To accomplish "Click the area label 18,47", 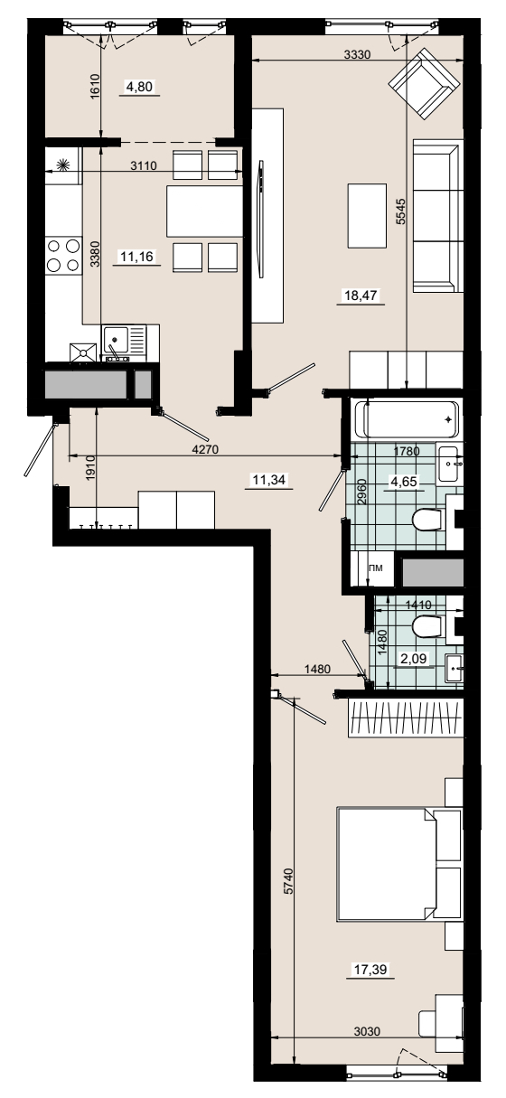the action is pos(361,296).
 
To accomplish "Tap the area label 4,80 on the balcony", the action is pos(139,87).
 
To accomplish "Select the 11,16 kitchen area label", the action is pos(136,256).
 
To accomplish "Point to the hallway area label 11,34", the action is pos(267,479).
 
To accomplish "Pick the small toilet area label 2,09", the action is pos(413,658).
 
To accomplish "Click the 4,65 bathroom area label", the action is pos(403,482).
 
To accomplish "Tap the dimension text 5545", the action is pos(401,211).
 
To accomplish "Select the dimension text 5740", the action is pos(288,881).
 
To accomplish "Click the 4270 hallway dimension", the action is pos(204,449).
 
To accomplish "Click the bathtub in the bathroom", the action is pos(411,419).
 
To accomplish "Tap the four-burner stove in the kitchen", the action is pos(63,255).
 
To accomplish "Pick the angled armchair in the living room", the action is pos(425,84).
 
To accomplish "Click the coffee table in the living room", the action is pos(367,216).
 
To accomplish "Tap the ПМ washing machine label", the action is pos(375,568).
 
